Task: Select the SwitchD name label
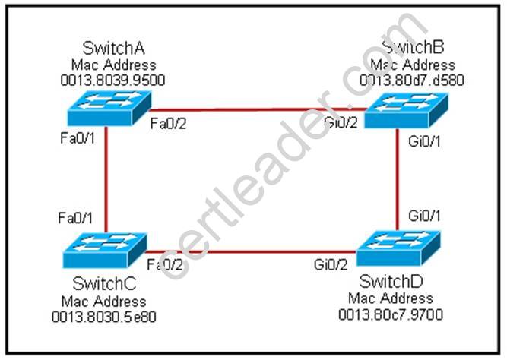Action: (391, 283)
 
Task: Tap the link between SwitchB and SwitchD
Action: (398, 178)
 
